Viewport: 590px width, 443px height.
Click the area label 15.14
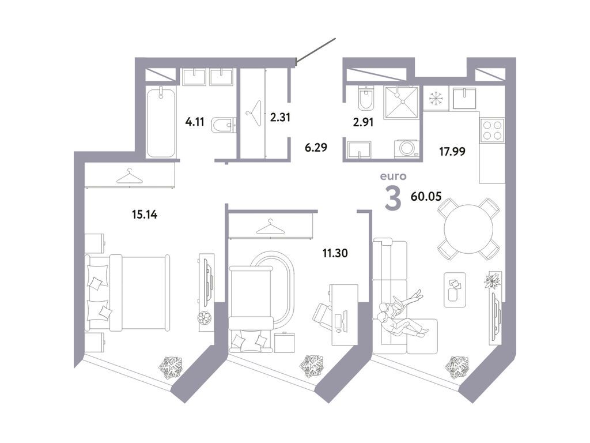pyautogui.click(x=145, y=215)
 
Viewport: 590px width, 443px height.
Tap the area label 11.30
pyautogui.click(x=335, y=253)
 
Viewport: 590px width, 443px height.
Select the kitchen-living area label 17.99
pyautogui.click(x=452, y=152)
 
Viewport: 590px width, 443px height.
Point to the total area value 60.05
pyautogui.click(x=426, y=196)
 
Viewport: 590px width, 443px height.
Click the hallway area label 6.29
pyautogui.click(x=316, y=147)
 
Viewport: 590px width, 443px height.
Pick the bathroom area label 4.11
pyautogui.click(x=195, y=122)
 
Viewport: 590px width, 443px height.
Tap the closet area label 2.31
pyautogui.click(x=281, y=117)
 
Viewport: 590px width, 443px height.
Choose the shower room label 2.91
pyautogui.click(x=363, y=122)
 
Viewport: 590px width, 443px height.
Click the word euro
pyautogui.click(x=393, y=176)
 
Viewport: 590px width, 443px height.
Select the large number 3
pyautogui.click(x=393, y=198)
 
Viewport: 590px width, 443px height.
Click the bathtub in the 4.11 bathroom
pyautogui.click(x=161, y=122)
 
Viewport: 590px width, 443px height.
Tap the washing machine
pyautogui.click(x=407, y=148)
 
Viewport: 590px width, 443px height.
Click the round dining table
pyautogui.click(x=468, y=228)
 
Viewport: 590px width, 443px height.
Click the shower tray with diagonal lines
pyautogui.click(x=402, y=102)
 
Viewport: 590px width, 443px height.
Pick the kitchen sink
pyautogui.click(x=464, y=99)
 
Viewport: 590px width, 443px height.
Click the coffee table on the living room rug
pyautogui.click(x=455, y=290)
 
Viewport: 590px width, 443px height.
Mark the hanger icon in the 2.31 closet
pyautogui.click(x=253, y=109)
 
